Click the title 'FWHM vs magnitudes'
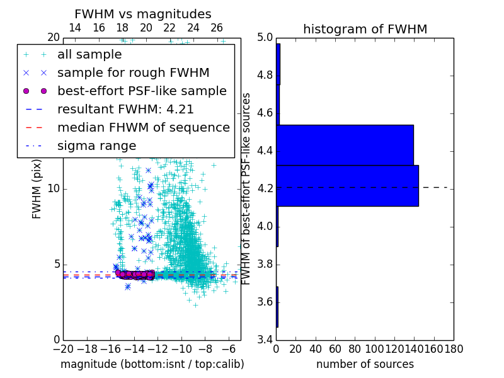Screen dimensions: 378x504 (x=143, y=14)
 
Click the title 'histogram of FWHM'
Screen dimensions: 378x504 (x=365, y=29)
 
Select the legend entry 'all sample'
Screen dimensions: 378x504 (x=89, y=55)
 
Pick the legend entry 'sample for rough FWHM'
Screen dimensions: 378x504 (x=133, y=73)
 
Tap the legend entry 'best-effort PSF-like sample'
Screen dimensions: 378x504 (x=142, y=91)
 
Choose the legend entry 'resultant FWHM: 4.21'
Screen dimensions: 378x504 (x=125, y=109)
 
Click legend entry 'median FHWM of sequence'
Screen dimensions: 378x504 (x=143, y=127)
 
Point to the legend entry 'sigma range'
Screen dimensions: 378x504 (x=96, y=146)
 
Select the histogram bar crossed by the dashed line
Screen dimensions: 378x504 (x=347, y=186)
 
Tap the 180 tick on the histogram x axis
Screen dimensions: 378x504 (x=453, y=347)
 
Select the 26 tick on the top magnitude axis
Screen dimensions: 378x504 (x=217, y=28)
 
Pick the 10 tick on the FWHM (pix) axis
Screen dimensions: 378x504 (x=54, y=189)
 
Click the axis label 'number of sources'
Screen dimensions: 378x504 (x=365, y=364)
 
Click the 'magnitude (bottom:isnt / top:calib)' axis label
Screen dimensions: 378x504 (x=152, y=364)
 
